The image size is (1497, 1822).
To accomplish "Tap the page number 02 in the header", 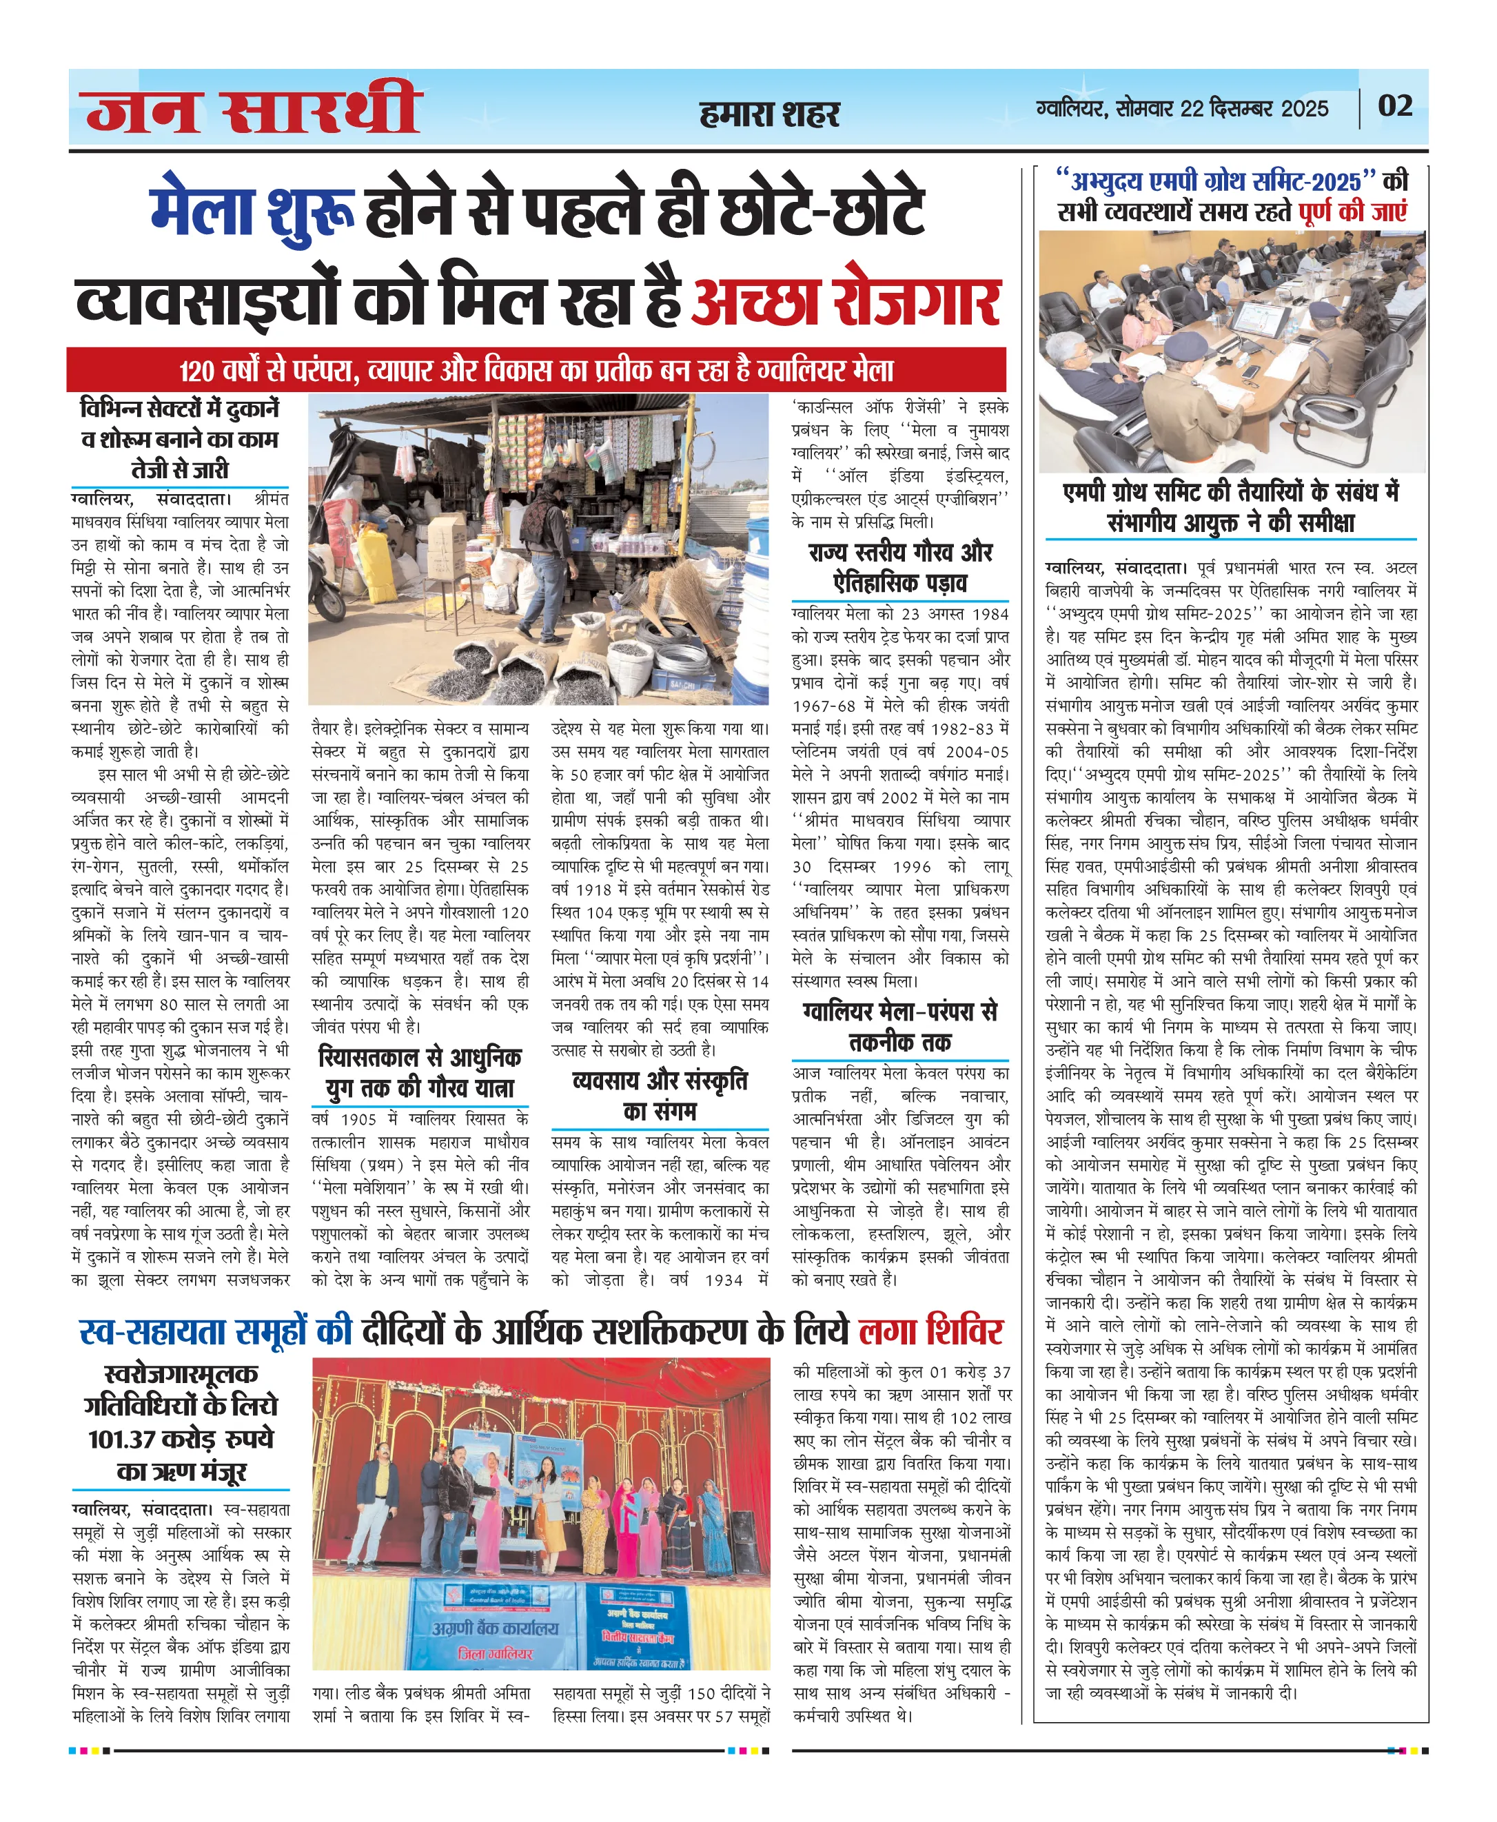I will [x=1394, y=106].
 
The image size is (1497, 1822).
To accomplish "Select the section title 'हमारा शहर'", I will [x=769, y=114].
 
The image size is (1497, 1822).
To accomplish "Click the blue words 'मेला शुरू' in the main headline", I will [x=252, y=212].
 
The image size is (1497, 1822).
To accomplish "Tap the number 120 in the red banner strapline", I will [x=196, y=371].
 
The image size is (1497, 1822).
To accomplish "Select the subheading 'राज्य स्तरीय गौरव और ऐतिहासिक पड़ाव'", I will [x=899, y=566].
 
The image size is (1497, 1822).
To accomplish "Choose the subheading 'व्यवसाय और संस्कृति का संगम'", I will [x=660, y=1095].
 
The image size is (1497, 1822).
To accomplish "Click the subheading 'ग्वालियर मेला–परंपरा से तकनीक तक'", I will [x=899, y=1026].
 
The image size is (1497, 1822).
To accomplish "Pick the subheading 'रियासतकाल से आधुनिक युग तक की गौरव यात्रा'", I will [x=420, y=1072].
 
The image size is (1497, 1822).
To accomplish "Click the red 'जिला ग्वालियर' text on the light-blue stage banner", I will [x=494, y=1654].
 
